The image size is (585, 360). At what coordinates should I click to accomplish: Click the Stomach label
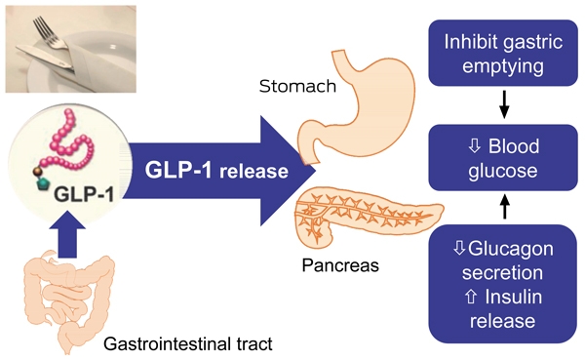coord(297,86)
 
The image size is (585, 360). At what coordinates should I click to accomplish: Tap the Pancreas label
coord(340,265)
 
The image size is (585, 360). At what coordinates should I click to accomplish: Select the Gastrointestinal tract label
coord(187,344)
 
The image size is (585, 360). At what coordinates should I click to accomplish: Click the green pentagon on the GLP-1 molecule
coord(43,183)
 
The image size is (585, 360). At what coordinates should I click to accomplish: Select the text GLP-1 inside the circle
coord(84,194)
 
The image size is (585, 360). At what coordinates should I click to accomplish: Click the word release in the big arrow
coord(253,171)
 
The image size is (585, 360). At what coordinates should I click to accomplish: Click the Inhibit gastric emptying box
coord(503,53)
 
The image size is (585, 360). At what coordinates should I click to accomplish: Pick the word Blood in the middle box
coord(514,146)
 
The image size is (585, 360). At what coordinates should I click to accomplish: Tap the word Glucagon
coord(510,249)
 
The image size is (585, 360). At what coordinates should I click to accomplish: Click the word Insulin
coord(514,297)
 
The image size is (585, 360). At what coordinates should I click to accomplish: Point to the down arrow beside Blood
coord(475,146)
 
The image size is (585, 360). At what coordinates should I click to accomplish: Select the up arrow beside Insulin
coord(471,297)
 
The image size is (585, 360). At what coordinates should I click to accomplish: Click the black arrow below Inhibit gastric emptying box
coord(504,104)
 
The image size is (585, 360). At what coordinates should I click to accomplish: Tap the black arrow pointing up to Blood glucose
coord(504,206)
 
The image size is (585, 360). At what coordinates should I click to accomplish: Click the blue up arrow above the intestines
coord(67,234)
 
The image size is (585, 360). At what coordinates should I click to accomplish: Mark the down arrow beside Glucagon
coord(459,249)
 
